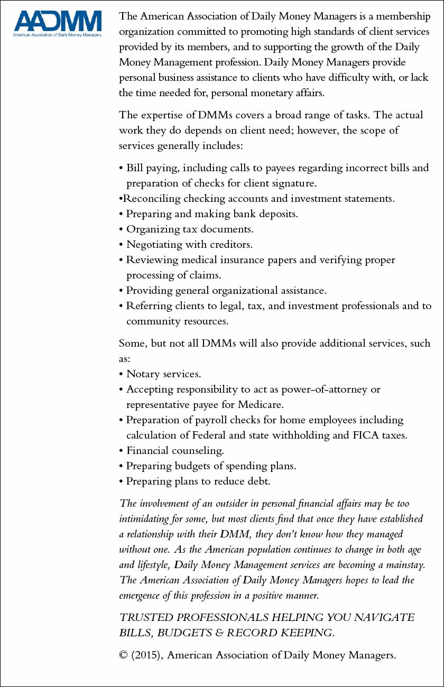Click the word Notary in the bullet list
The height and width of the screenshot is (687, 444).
pos(143,374)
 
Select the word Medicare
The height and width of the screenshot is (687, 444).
pos(257,405)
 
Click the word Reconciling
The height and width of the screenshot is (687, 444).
pos(151,199)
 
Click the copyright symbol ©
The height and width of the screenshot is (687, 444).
pos(123,656)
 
